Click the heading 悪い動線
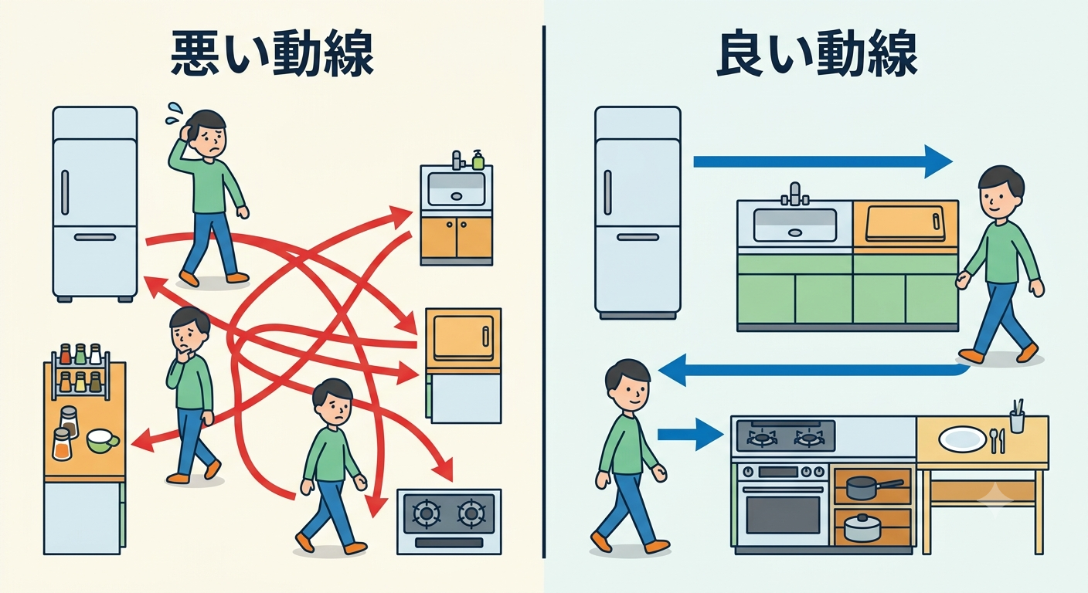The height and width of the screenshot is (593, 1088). pos(272,53)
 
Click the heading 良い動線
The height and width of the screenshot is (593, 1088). pos(818,53)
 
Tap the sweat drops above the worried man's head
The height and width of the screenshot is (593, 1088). pos(173,113)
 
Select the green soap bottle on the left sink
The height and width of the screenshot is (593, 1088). pos(478,160)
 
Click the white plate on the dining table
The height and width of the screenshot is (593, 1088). pos(962,439)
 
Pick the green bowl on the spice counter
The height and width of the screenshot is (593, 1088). pos(103,442)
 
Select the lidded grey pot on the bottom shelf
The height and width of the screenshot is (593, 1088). pos(862,527)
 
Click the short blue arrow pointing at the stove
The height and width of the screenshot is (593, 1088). pos(690,434)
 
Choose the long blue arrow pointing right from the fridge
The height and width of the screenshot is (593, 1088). pos(822,161)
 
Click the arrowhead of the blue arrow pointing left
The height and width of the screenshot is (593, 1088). pos(673,370)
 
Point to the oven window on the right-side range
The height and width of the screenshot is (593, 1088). pos(783,515)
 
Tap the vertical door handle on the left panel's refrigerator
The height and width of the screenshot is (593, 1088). pos(65,192)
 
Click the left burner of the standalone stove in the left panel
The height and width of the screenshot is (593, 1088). pos(427,513)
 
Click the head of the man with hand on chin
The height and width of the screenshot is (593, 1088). pos(189,330)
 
